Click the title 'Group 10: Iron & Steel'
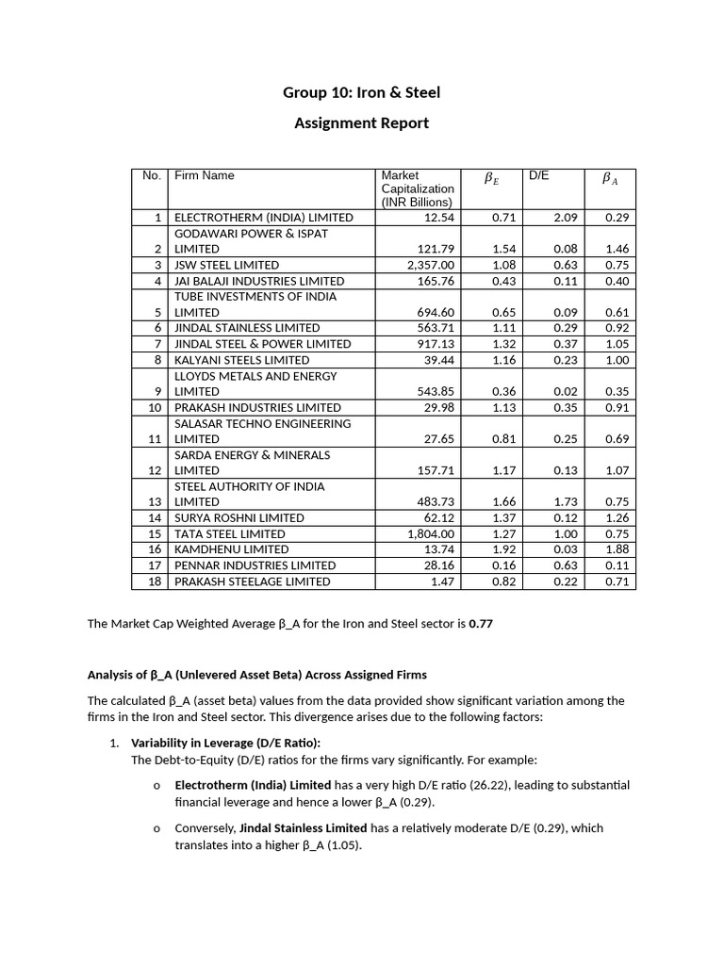click(x=361, y=92)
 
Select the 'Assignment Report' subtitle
click(x=361, y=123)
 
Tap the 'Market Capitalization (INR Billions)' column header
click(x=417, y=188)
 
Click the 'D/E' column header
click(x=538, y=175)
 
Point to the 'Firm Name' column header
click(x=205, y=175)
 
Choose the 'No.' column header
click(x=151, y=175)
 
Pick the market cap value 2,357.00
click(x=431, y=265)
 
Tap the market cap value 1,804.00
click(x=431, y=533)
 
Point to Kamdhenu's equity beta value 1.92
click(x=505, y=549)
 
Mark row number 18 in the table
click(x=156, y=581)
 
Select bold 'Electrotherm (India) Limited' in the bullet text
click(x=253, y=785)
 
